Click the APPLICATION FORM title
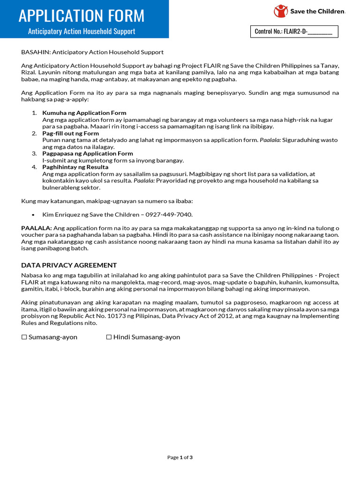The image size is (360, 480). [x=82, y=15]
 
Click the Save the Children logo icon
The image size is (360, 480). [x=281, y=11]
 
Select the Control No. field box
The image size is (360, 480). [x=293, y=32]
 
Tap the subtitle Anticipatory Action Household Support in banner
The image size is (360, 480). [x=82, y=31]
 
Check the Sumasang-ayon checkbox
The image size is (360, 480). [x=24, y=337]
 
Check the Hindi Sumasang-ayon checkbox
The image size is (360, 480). [x=109, y=337]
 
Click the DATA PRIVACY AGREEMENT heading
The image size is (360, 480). [x=69, y=265]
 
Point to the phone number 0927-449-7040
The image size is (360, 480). [x=173, y=214]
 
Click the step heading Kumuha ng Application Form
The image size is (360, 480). [x=84, y=113]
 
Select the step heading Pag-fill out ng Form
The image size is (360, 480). [x=71, y=133]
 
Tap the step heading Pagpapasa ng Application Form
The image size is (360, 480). [x=88, y=153]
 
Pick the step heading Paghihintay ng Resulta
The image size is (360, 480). [x=75, y=167]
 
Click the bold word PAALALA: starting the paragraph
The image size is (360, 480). [x=37, y=228]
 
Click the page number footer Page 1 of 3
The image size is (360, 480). [x=180, y=457]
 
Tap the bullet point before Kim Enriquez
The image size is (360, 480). [x=33, y=215]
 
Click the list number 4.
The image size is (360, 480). [x=34, y=167]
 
